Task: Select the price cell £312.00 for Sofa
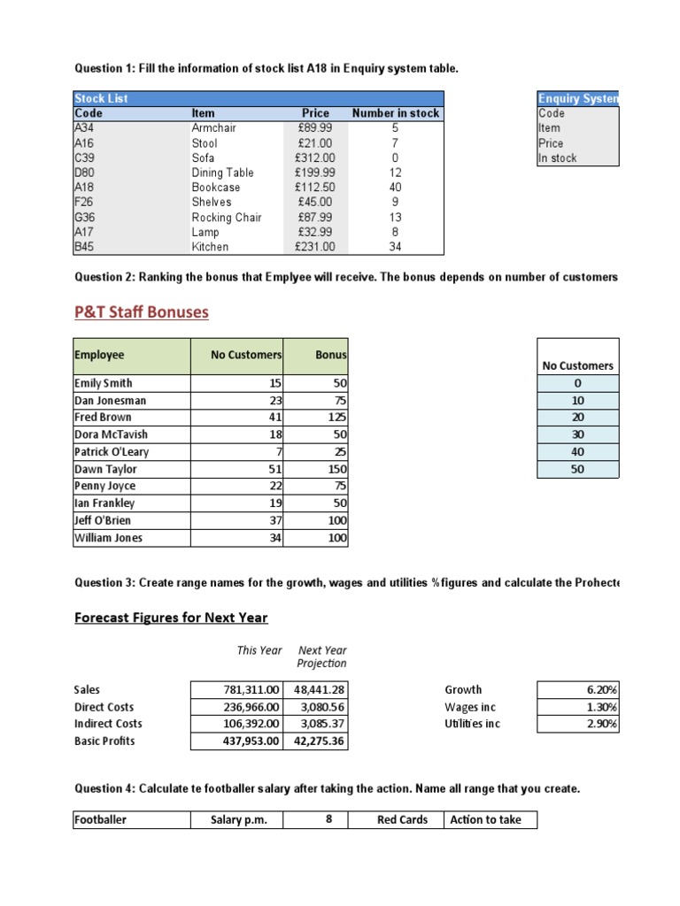pos(315,157)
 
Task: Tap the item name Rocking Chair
pos(226,217)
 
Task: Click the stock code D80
pos(85,173)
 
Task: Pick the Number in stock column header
pos(395,113)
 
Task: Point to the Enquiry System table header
pos(577,98)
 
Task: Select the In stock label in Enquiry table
pos(557,157)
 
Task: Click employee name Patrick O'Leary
pos(112,451)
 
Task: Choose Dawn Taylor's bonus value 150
pos(336,469)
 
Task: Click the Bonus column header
pos(333,355)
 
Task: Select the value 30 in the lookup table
pos(577,434)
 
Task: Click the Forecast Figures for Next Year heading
pos(171,618)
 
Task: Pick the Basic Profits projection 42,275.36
pos(319,741)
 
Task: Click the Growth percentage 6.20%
pos(601,689)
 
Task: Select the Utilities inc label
pos(473,723)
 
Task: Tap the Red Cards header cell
pos(402,819)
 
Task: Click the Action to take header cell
pos(486,819)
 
